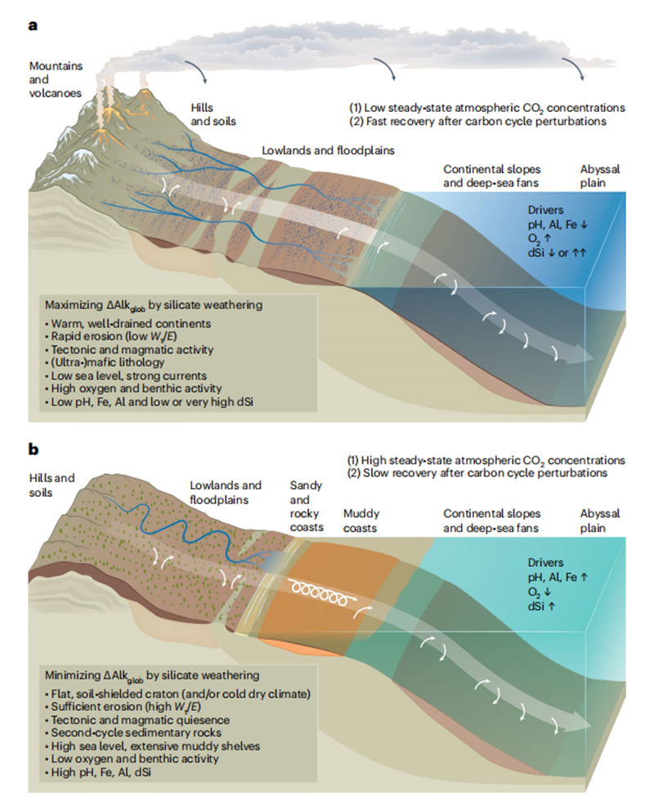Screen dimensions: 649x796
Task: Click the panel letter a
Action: pos(33,25)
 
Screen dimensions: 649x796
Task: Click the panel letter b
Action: pos(34,449)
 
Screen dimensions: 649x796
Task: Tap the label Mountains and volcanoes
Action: pos(56,80)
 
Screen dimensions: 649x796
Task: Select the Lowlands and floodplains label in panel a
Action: pos(328,150)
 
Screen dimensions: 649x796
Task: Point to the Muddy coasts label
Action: pos(360,521)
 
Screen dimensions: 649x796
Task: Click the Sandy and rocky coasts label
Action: pos(307,507)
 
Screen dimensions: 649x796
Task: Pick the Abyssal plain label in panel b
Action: pos(600,521)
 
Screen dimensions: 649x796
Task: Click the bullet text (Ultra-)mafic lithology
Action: pos(107,363)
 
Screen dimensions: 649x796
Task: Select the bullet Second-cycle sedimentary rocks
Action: pos(136,733)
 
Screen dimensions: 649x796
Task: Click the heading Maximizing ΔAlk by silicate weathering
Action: pos(154,306)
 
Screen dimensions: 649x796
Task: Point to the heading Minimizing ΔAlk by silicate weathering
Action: pos(152,676)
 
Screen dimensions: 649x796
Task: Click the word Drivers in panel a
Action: pos(545,210)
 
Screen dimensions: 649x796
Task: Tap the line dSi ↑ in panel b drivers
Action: pos(541,606)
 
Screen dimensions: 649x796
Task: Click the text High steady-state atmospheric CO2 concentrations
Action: pos(486,461)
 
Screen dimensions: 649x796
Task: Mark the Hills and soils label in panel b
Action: pos(51,485)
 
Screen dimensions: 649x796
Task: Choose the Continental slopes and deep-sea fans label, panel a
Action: pos(491,177)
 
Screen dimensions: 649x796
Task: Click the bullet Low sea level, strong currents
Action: pos(128,376)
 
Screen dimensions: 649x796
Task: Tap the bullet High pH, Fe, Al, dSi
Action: pos(101,772)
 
